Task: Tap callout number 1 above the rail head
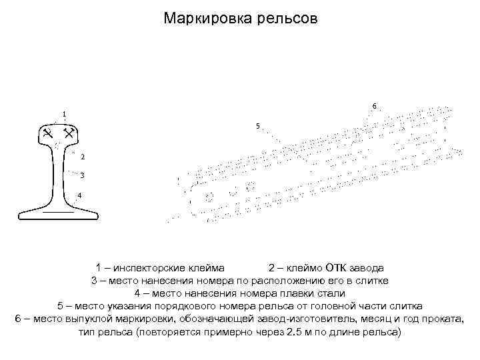[64, 113]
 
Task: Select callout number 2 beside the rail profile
[82, 157]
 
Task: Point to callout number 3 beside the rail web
[82, 176]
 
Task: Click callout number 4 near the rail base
[79, 195]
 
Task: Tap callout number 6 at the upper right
[374, 106]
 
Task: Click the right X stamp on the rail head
[67, 135]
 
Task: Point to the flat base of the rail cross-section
[57, 214]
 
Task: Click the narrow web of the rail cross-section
[57, 177]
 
